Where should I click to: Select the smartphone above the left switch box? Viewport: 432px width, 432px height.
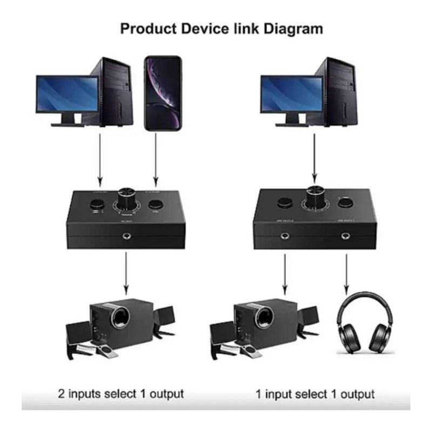point(163,93)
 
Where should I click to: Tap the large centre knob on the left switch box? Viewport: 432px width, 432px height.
point(128,198)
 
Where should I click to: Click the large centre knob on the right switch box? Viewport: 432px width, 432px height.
point(315,198)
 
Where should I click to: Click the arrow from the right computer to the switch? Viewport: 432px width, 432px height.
point(315,159)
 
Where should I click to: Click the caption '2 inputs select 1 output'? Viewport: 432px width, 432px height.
point(121,393)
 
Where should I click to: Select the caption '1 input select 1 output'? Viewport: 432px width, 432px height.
point(315,393)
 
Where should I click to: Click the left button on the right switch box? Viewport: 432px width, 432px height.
point(284,203)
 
